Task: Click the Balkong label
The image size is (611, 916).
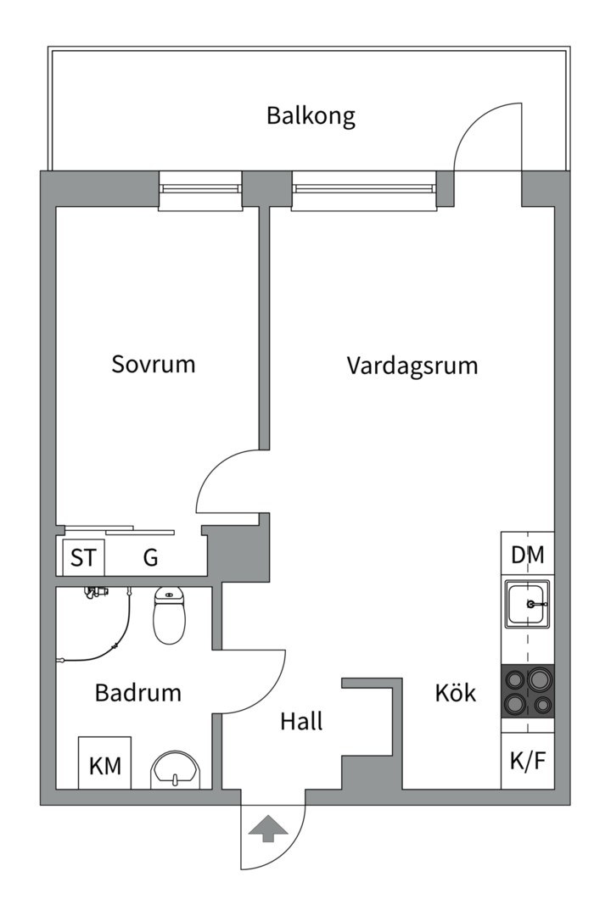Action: (x=311, y=116)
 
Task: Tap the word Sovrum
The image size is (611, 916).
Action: (x=154, y=365)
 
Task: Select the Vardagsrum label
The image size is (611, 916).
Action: (x=412, y=366)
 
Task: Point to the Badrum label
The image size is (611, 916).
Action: (x=138, y=693)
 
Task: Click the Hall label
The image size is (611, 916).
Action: (x=302, y=722)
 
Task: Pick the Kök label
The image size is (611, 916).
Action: (x=456, y=694)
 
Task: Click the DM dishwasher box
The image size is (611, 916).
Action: (x=528, y=556)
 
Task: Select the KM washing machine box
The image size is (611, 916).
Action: (x=105, y=766)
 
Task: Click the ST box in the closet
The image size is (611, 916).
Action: (x=83, y=558)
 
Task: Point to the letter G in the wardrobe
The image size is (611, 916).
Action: (x=150, y=558)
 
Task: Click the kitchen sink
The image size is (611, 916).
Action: (x=528, y=605)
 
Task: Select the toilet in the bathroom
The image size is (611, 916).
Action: (x=170, y=617)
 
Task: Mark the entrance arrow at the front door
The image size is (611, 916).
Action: (x=267, y=828)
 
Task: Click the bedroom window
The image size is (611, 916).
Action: (x=200, y=190)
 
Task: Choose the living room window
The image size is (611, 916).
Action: (x=365, y=190)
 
